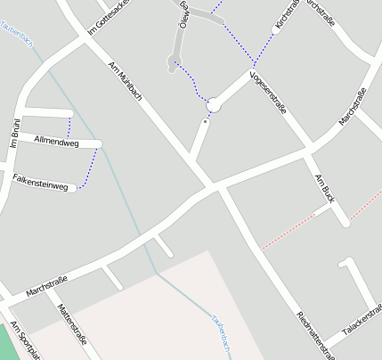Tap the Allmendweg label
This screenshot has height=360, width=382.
55,142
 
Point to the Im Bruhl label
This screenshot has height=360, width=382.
14,133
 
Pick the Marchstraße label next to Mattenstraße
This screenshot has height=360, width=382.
48,284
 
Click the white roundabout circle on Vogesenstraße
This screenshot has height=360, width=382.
214,106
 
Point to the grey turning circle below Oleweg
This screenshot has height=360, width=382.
173,61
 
